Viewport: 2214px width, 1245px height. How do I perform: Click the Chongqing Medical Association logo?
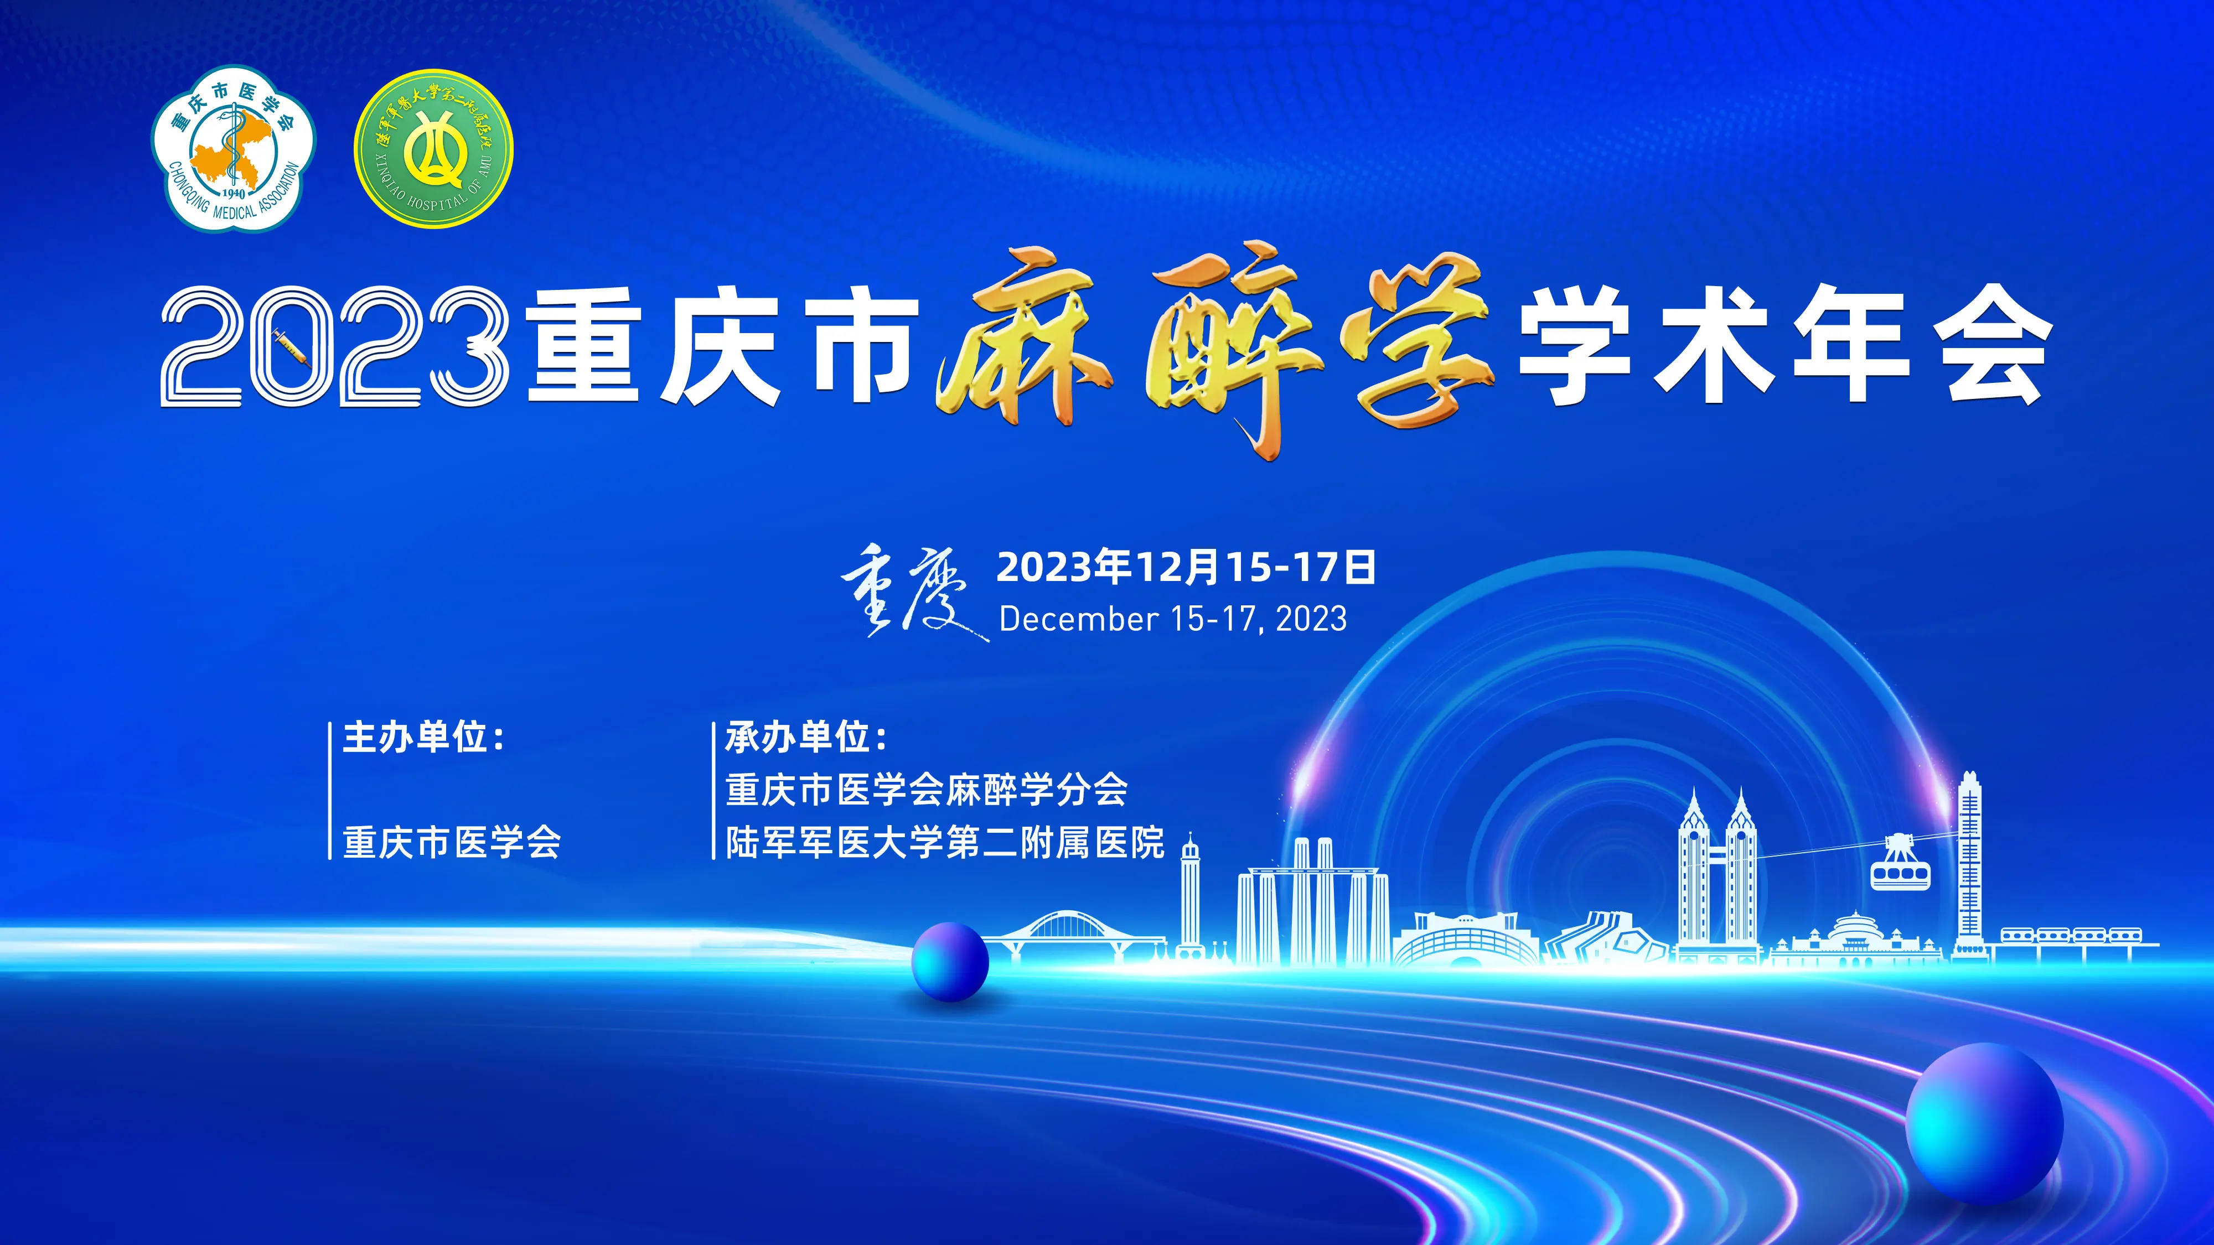coord(234,149)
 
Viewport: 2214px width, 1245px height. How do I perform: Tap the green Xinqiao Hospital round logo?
coord(434,149)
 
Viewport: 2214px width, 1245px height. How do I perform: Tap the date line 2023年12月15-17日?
coord(1186,567)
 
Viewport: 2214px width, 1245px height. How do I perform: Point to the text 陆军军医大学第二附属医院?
coord(945,843)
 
